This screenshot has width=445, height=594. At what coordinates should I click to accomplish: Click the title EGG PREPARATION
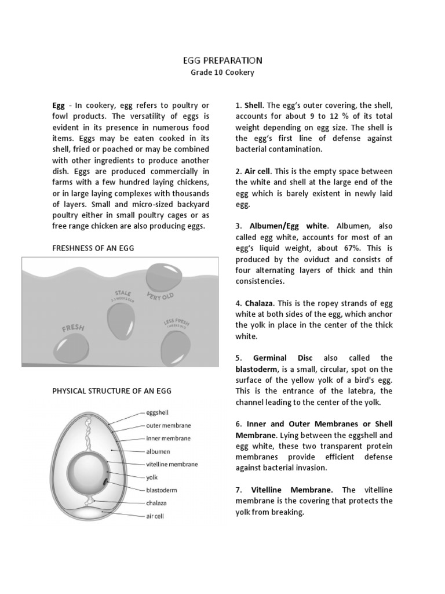222,60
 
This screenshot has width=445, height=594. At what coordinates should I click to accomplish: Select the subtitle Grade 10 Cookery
222,73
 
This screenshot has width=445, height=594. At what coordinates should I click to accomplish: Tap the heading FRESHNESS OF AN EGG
93,248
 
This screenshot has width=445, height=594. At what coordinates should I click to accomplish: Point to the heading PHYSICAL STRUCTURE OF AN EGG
112,391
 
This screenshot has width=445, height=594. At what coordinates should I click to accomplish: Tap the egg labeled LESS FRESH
176,347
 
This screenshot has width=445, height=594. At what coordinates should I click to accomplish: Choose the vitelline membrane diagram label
171,464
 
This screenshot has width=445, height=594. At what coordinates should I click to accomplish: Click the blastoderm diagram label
162,490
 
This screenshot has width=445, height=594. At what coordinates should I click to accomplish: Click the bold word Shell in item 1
253,106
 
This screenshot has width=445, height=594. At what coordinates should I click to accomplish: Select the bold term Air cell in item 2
257,172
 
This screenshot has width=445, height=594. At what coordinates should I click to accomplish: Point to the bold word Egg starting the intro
59,106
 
